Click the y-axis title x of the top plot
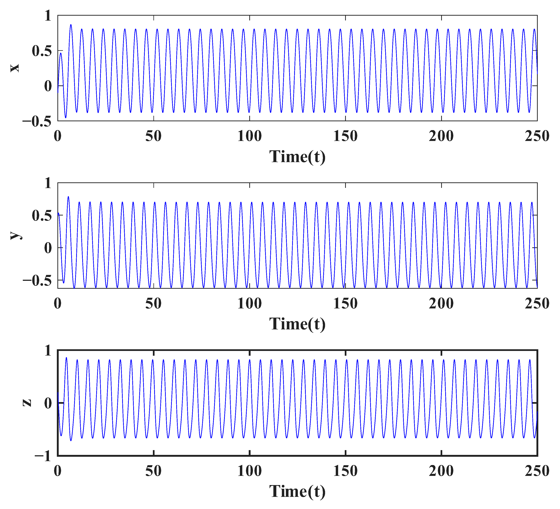15,68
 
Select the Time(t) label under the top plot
297,157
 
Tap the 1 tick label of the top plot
48,16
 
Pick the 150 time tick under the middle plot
345,304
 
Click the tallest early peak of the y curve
68,197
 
